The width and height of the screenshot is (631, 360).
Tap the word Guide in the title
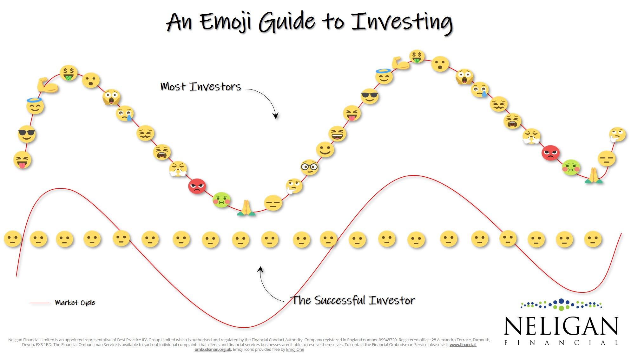287,22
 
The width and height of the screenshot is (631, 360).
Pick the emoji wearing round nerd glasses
309,167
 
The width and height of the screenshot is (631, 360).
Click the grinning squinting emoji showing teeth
337,134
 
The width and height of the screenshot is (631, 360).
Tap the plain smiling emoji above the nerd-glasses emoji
325,149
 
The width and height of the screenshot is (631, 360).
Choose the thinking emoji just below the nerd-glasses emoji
294,186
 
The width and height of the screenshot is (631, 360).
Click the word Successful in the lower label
340,300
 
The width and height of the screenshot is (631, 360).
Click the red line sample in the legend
40,303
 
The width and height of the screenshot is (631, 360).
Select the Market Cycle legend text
75,303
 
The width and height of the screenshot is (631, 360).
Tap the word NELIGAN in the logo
561,326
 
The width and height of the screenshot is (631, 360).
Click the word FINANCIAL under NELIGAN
561,343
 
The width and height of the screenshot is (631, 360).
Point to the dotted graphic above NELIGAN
561,305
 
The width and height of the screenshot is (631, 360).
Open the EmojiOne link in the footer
295,350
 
